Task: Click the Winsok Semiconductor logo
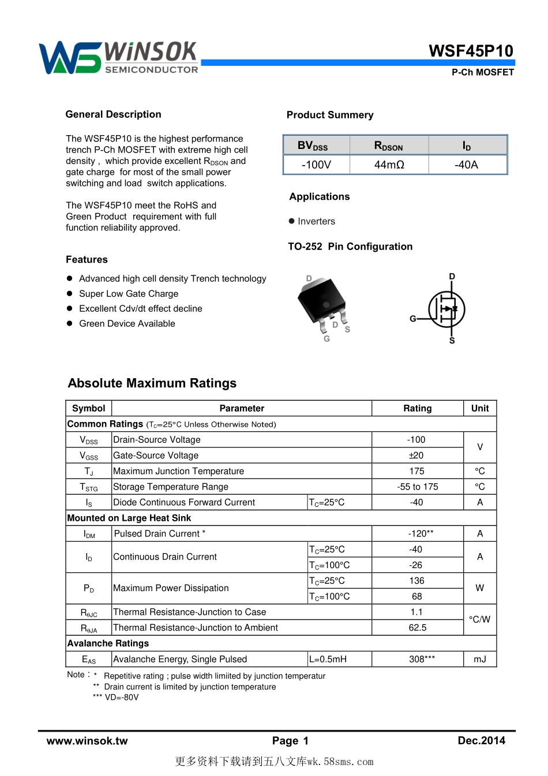point(118,58)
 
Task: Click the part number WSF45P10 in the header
point(471,51)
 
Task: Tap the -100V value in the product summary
point(316,165)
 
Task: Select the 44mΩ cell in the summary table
point(389,165)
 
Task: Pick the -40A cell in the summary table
point(466,165)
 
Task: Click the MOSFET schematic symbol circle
point(446,309)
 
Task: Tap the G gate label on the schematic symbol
point(413,319)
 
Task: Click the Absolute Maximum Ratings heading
point(152,383)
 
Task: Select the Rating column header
point(417,408)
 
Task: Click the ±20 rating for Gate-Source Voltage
point(416,456)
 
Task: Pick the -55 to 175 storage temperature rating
point(417,487)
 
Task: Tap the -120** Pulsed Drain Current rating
point(421,533)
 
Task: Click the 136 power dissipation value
point(416,581)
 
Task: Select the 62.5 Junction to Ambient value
point(417,628)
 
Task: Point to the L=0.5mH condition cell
point(328,659)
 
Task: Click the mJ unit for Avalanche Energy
point(480,659)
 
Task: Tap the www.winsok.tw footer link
point(87,741)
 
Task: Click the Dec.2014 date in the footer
point(481,740)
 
